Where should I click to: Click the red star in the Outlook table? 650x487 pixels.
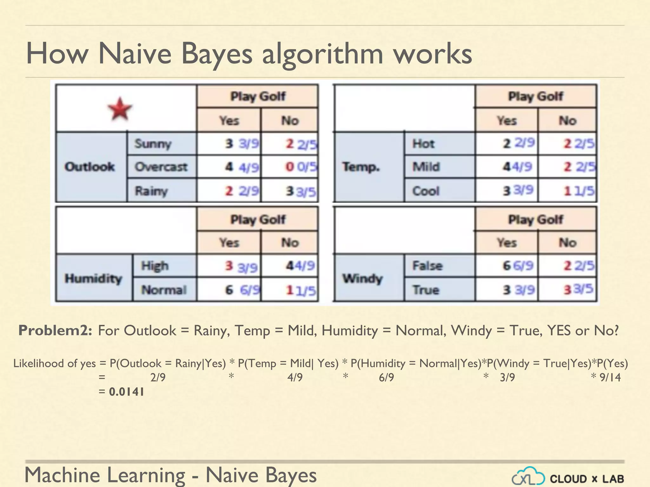pos(120,109)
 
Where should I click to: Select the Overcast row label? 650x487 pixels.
pos(161,167)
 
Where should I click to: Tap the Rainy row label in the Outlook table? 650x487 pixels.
pos(151,191)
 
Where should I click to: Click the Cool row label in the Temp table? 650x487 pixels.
pos(426,191)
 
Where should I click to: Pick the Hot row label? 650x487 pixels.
pos(423,144)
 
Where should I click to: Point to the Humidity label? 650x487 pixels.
pos(93,279)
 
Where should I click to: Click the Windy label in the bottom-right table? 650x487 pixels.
pos(362,279)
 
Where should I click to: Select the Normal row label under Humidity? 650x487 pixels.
pos(163,290)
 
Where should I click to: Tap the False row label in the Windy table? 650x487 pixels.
pos(427,266)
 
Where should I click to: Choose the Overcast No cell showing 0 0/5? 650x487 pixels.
pos(301,167)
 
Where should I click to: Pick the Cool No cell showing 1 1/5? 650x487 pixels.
pos(578,191)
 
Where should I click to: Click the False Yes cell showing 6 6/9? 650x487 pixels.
pos(518,266)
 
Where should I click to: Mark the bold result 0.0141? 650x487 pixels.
pos(126,392)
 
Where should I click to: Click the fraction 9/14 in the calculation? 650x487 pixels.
pos(610,377)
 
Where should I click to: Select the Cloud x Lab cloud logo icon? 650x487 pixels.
pos(528,477)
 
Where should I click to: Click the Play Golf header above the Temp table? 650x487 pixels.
pos(535,96)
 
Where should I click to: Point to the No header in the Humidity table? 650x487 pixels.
pos(290,243)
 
